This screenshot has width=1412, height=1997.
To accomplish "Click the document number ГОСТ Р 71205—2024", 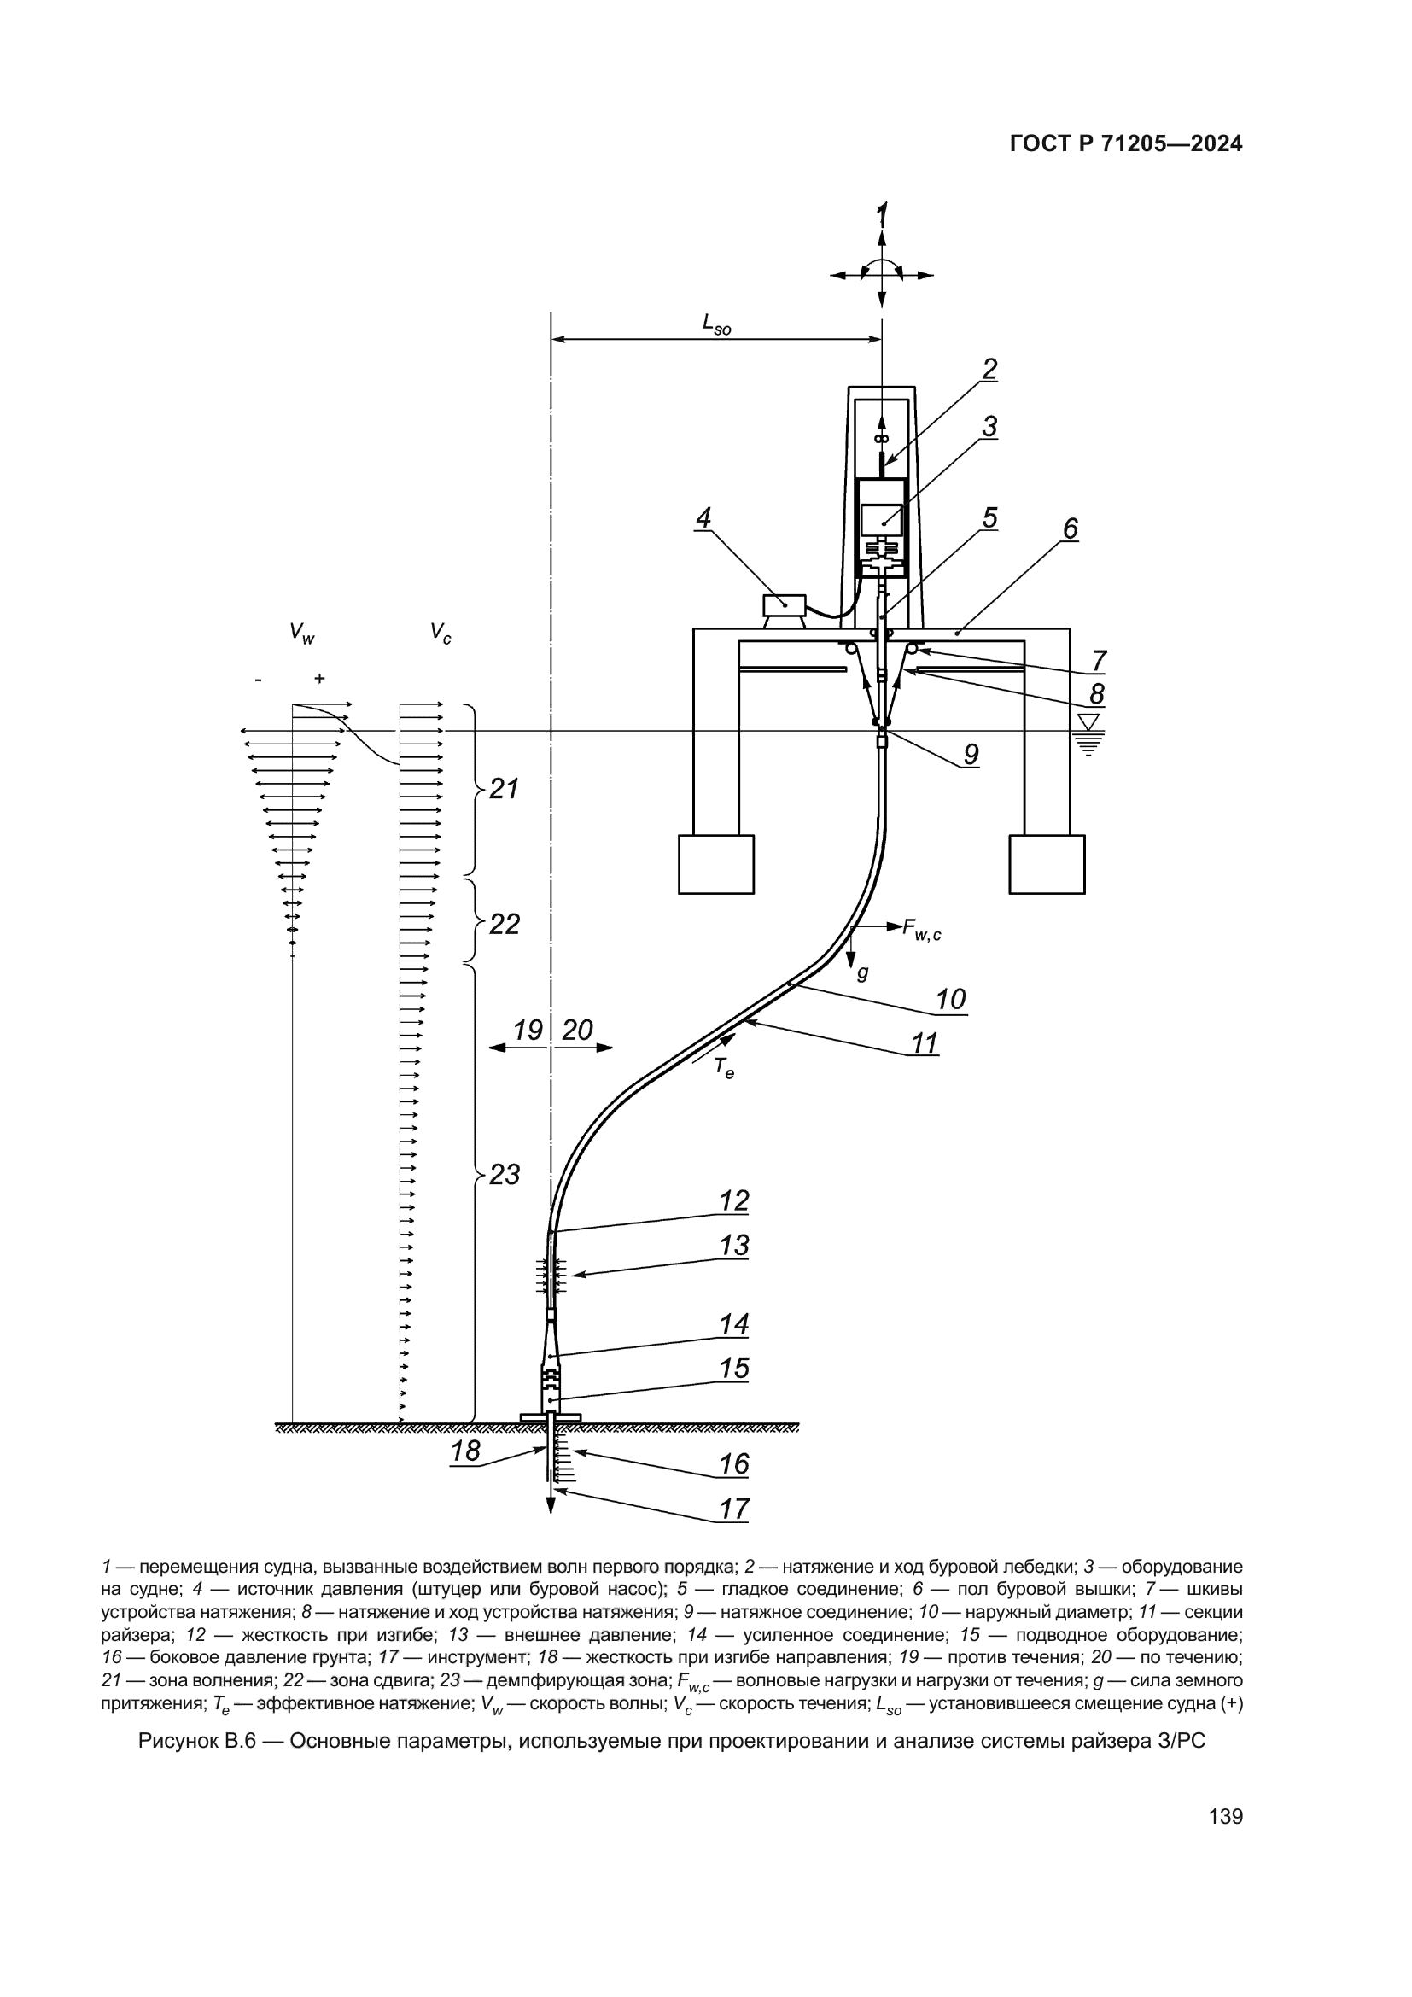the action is [x=1126, y=144].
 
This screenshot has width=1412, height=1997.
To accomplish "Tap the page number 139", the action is [x=1226, y=1817].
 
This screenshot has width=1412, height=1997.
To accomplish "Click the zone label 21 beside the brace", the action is [x=505, y=789].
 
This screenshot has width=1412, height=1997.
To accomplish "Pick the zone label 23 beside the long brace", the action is [x=505, y=1175].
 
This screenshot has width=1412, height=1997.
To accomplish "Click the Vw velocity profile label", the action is [x=302, y=634].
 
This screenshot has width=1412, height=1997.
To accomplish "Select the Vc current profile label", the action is [x=441, y=634].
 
